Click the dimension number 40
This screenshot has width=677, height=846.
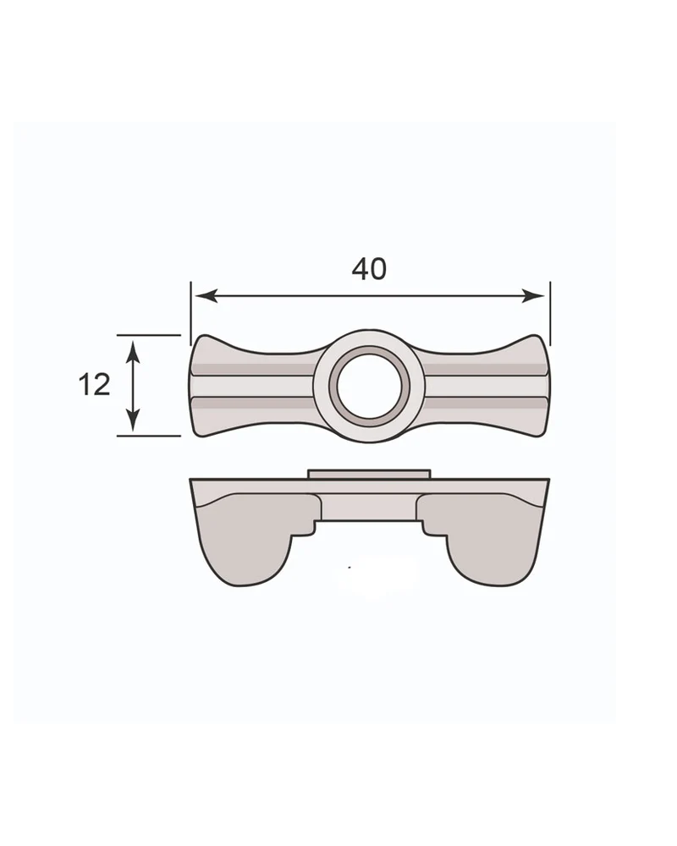[369, 269]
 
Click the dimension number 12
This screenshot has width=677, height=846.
[94, 385]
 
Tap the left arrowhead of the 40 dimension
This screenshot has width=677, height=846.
[206, 295]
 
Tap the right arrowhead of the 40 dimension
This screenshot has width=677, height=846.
[533, 295]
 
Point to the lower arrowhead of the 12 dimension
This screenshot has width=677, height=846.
[134, 420]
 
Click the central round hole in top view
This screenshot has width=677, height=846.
[369, 385]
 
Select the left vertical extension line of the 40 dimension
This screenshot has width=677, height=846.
[190, 313]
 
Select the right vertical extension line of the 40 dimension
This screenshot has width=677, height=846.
[550, 313]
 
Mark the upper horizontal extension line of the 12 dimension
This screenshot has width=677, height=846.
[148, 335]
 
